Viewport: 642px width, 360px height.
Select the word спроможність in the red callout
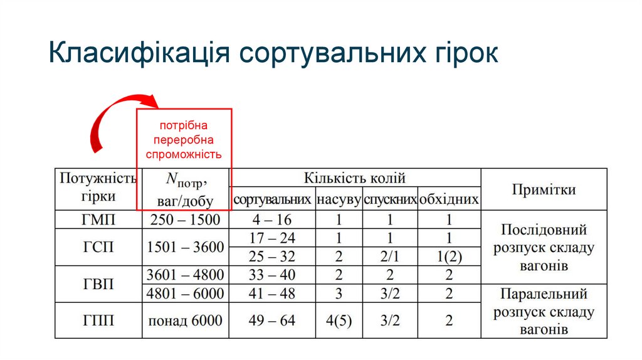184,154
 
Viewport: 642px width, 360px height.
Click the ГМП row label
98,220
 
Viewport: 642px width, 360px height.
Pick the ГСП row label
98,247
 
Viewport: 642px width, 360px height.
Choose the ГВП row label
98,284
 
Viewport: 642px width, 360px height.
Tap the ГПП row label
98,320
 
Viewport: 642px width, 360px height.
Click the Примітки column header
544,189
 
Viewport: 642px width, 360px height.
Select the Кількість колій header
355,178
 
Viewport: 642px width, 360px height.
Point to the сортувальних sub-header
272,200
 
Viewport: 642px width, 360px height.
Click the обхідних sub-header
449,200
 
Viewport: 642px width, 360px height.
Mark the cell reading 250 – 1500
185,220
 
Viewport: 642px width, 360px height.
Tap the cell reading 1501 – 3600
185,247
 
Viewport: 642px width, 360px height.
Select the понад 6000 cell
185,320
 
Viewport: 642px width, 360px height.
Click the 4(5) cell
339,320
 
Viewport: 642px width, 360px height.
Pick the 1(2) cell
449,257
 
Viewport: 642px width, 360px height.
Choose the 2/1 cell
389,257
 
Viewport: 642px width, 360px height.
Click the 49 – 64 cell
272,320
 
